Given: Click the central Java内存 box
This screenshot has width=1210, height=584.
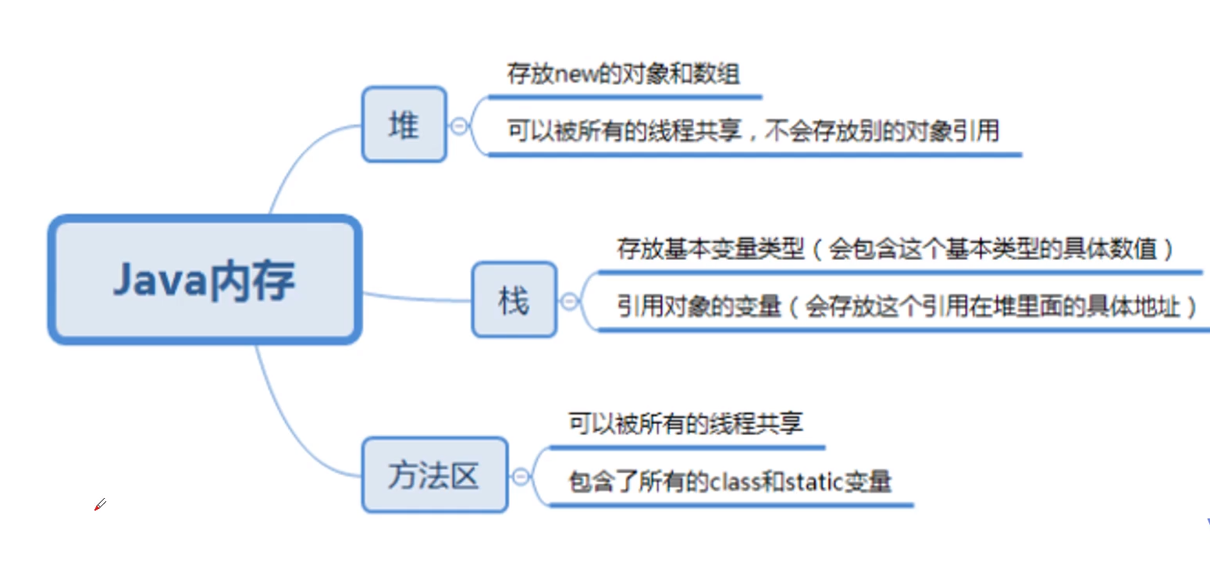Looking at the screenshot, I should [x=205, y=280].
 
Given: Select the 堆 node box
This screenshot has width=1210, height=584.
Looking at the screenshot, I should [x=404, y=125].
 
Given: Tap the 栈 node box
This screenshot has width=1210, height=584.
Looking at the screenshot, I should [x=514, y=300].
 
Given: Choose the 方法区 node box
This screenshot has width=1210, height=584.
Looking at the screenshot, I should [x=434, y=475].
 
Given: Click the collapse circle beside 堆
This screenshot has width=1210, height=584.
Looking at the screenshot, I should [x=459, y=126].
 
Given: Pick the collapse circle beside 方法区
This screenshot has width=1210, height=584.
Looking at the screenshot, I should [x=521, y=476].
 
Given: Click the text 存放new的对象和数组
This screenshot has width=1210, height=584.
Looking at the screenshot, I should [x=623, y=75].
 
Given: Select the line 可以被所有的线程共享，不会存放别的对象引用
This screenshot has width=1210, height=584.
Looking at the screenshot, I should [x=753, y=130].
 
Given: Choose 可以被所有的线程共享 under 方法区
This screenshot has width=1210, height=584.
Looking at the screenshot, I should [x=685, y=424].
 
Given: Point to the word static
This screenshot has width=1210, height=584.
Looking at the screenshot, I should [x=810, y=482].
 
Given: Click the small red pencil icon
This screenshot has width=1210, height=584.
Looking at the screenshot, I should [x=99, y=505].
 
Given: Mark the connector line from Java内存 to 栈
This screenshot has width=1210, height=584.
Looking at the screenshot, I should [x=418, y=297].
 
